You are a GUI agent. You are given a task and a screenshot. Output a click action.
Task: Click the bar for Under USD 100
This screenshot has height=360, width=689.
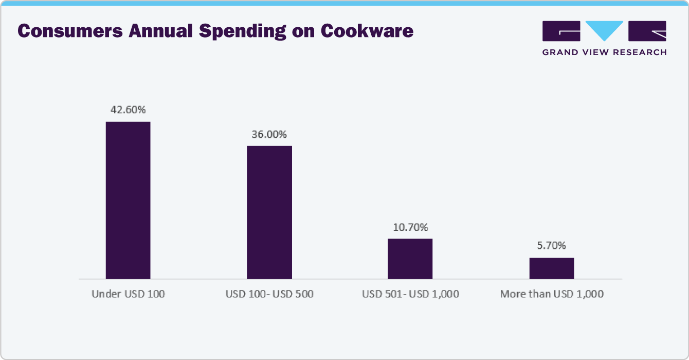128,200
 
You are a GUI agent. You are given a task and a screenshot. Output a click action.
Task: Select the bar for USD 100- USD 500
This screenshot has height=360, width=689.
269,212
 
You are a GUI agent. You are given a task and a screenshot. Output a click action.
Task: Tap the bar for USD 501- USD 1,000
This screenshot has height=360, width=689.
410,258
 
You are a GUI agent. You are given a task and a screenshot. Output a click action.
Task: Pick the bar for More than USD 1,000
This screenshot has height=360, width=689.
551,268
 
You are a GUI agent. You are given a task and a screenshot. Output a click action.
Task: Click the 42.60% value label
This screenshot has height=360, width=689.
128,110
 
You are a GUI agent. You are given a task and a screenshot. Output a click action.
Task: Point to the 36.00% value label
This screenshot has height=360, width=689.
269,134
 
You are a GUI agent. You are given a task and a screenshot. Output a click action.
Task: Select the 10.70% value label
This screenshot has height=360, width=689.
410,227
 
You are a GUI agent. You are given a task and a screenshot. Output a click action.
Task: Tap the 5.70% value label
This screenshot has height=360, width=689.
551,246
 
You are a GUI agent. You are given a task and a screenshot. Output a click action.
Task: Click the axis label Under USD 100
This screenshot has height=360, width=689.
128,294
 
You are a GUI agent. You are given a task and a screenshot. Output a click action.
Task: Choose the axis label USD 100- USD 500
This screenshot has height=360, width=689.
269,294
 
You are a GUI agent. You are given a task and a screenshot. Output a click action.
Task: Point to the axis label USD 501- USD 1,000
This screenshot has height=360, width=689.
410,294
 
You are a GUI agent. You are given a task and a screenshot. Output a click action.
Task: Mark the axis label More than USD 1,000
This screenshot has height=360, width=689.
552,294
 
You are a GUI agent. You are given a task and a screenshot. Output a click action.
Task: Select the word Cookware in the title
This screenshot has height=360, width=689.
367,32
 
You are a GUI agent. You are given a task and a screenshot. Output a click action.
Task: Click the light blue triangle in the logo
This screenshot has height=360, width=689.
605,30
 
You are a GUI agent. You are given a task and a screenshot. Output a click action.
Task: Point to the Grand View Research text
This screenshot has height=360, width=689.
605,52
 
